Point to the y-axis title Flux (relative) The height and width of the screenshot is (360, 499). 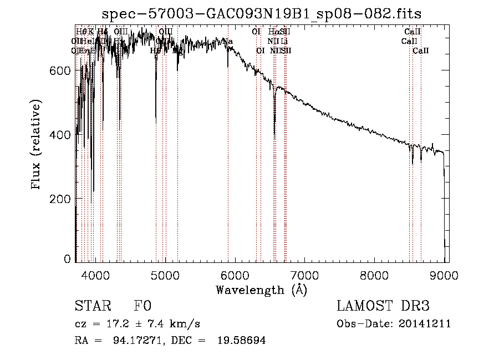37,146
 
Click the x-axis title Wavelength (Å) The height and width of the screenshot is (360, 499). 261,290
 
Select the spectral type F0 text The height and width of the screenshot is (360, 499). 142,307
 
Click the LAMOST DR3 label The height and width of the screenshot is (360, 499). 383,307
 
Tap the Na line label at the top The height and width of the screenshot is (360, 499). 227,42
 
